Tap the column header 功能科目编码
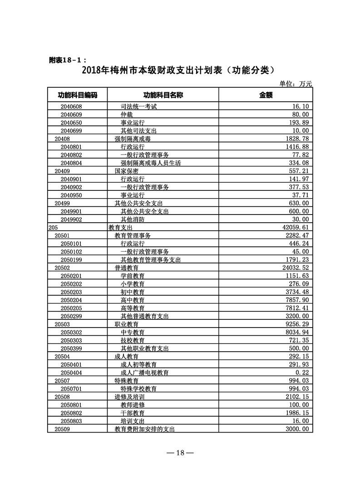point(77,95)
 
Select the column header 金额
point(266,95)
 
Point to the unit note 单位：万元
point(296,84)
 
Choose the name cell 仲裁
point(127,115)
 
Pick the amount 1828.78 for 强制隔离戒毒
point(296,139)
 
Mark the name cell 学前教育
point(133,276)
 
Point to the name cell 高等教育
point(133,308)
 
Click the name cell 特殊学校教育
point(138,388)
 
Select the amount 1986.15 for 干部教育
point(296,413)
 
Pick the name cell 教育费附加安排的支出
point(144,429)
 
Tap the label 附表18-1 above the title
point(66,60)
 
